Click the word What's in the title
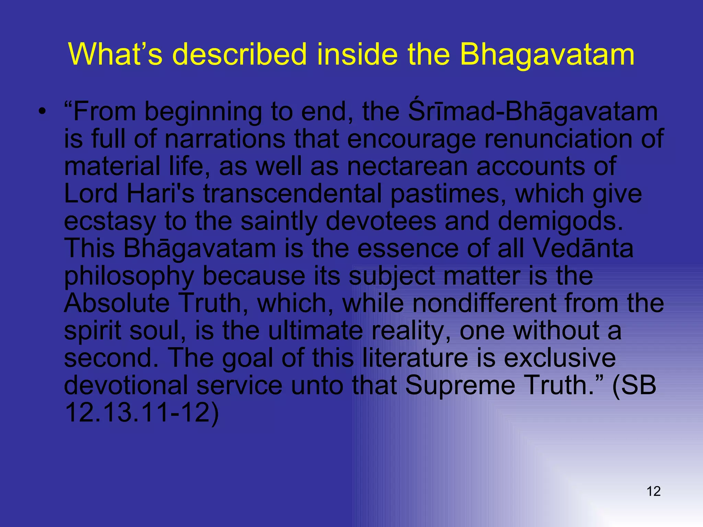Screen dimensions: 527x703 (x=115, y=54)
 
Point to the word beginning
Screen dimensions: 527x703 (x=203, y=113)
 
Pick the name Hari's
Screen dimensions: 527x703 (x=160, y=194)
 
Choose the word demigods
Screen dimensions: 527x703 (x=560, y=221)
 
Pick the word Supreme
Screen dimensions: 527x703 (x=460, y=385)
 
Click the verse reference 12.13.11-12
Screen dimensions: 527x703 (x=141, y=413)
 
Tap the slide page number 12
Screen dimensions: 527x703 (x=654, y=491)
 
